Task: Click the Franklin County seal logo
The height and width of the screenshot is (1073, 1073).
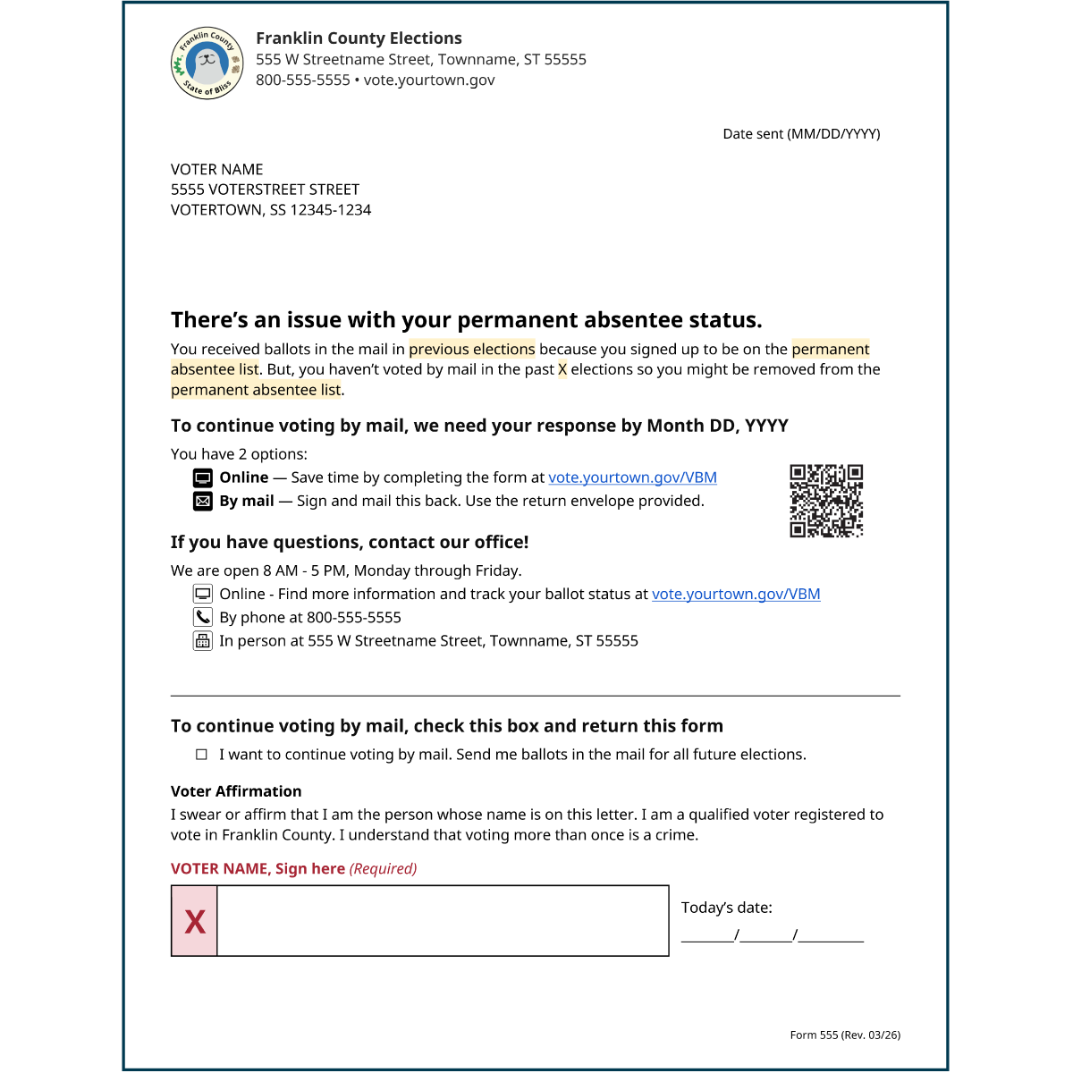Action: (x=207, y=63)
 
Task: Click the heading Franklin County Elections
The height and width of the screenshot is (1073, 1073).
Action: (x=359, y=38)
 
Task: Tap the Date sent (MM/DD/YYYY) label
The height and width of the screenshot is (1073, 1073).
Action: (x=801, y=134)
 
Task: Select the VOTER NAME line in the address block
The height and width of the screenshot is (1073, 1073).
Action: (x=217, y=170)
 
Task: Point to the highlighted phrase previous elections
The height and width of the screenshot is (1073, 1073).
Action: (x=471, y=349)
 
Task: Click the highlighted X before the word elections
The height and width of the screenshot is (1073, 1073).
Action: (x=562, y=369)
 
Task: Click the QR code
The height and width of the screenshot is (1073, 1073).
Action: (x=826, y=501)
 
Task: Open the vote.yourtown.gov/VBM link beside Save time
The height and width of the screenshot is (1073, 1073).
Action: (x=632, y=477)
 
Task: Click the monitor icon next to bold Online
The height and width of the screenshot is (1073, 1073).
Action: (x=203, y=477)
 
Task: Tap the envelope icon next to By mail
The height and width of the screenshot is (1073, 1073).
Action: (x=203, y=501)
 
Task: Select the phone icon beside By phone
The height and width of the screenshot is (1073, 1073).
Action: (x=203, y=617)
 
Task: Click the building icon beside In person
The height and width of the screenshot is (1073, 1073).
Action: (x=203, y=640)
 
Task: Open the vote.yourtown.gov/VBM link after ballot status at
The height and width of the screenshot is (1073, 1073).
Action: (x=736, y=594)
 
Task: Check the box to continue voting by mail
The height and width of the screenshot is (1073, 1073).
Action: (x=201, y=755)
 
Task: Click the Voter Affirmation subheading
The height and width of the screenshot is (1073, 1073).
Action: (x=236, y=791)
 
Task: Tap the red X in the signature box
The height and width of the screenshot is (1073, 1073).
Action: (x=195, y=921)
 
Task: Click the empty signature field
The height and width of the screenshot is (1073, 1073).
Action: (x=443, y=921)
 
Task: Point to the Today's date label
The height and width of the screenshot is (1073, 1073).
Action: (x=726, y=908)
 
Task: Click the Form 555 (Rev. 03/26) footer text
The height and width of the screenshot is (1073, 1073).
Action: (x=845, y=1035)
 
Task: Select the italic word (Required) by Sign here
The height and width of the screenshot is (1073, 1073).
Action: (x=383, y=869)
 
